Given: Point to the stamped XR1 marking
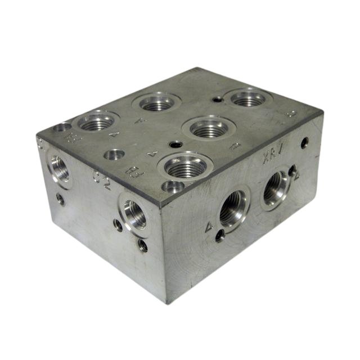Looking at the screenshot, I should [276, 159].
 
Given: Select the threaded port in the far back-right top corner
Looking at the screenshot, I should [247, 99].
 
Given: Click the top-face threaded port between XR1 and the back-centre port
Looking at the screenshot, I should [209, 129].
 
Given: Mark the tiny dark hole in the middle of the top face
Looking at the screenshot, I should [175, 145].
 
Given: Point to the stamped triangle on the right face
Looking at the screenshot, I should [209, 227].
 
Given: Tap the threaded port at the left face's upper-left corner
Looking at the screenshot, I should [58, 167].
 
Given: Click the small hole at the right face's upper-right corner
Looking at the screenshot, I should [304, 142].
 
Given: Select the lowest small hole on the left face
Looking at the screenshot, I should [143, 246].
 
